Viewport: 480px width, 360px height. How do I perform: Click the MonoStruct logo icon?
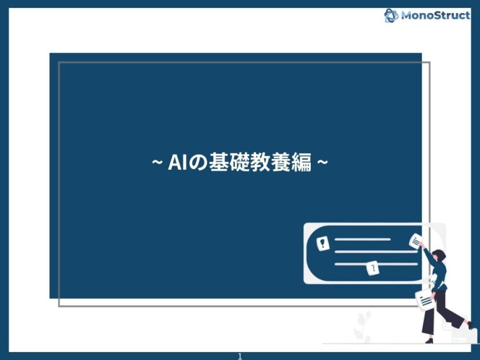(x=391, y=15)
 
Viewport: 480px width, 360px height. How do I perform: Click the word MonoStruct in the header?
(x=435, y=15)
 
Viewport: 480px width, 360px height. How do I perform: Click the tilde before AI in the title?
(x=156, y=163)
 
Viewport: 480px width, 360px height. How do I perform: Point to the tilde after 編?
(x=322, y=163)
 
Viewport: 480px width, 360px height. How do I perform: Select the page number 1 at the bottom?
(x=240, y=356)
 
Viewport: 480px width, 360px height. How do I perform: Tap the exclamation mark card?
(x=323, y=243)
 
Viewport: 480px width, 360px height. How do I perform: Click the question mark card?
(x=373, y=268)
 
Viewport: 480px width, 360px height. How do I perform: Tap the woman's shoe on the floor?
(x=429, y=341)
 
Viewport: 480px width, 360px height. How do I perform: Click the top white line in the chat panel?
(x=362, y=239)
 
